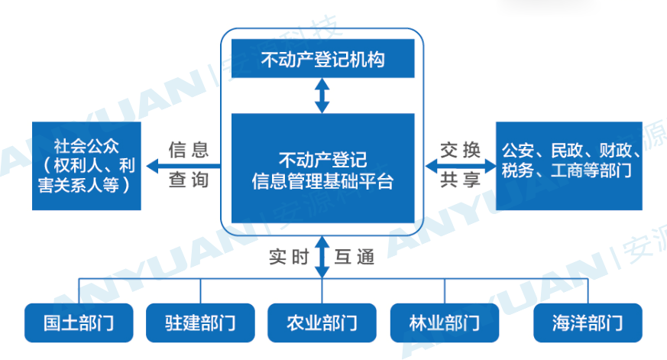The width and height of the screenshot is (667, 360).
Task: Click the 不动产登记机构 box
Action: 322,59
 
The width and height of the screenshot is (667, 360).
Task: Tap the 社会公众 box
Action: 87,165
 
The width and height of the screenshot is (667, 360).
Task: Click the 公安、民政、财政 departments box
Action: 568,165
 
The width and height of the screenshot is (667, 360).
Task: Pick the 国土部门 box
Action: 79,322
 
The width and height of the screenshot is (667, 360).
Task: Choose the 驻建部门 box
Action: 200,322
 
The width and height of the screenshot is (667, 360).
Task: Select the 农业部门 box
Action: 322,322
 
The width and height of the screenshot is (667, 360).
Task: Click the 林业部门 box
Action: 444,322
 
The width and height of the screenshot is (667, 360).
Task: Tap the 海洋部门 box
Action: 588,322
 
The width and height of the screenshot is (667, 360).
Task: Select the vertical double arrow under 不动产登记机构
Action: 322,96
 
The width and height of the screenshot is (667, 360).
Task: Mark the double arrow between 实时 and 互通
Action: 322,257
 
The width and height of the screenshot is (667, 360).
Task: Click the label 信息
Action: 188,150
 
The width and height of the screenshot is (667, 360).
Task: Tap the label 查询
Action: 188,183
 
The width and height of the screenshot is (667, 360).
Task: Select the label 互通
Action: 355,258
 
